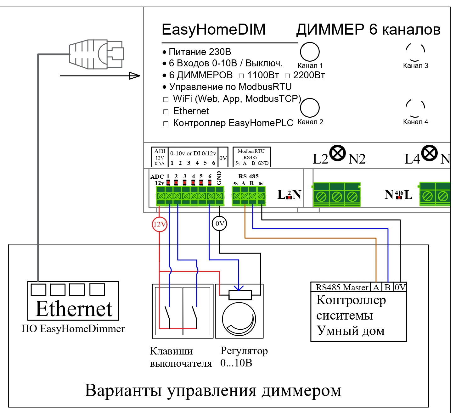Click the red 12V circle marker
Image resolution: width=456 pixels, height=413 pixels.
(x=160, y=224)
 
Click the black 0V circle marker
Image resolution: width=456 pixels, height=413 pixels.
(x=219, y=224)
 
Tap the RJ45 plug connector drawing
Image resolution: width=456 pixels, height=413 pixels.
(x=96, y=54)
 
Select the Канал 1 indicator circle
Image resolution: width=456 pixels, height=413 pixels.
(x=310, y=52)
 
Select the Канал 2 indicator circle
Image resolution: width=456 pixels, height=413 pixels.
(x=310, y=108)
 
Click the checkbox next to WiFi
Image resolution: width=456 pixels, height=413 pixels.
(x=166, y=100)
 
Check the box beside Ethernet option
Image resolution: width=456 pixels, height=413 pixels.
(x=166, y=112)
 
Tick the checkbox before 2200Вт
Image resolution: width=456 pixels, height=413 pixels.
(x=287, y=76)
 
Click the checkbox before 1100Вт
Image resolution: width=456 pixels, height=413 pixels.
(x=241, y=76)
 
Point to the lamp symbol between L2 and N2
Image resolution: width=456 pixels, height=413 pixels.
(x=338, y=153)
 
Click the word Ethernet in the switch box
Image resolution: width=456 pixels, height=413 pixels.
(x=74, y=309)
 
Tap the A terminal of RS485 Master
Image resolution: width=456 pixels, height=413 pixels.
(x=376, y=287)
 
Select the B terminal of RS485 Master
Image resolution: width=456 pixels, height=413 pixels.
(x=388, y=287)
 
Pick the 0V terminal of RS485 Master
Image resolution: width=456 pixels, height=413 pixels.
(x=400, y=287)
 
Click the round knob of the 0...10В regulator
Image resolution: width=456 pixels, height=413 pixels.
(x=239, y=319)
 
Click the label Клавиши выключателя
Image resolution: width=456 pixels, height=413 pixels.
(x=180, y=357)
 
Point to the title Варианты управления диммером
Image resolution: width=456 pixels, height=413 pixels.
(x=213, y=390)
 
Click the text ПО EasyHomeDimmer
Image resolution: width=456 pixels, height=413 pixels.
(x=73, y=329)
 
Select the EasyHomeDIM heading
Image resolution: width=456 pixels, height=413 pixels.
(x=213, y=30)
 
